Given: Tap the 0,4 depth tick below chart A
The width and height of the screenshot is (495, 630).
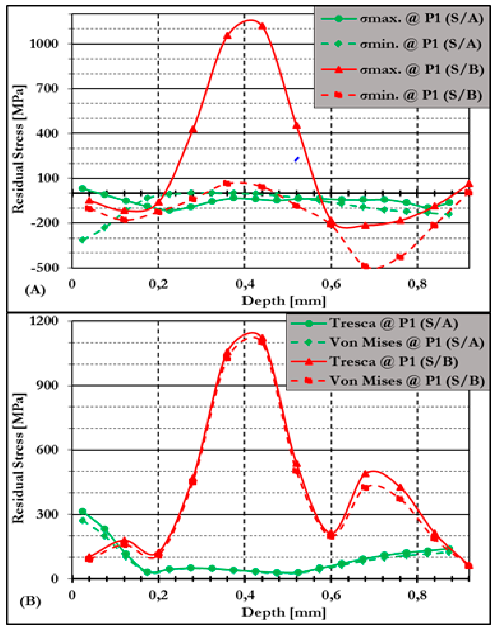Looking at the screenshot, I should (244, 284).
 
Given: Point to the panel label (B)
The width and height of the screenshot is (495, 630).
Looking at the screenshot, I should (30, 602).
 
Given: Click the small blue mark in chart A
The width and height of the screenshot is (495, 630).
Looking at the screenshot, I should (296, 159).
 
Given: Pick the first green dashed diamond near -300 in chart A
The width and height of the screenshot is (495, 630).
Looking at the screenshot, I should (83, 240).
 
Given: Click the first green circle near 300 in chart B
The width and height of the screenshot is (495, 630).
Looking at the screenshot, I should (83, 511).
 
